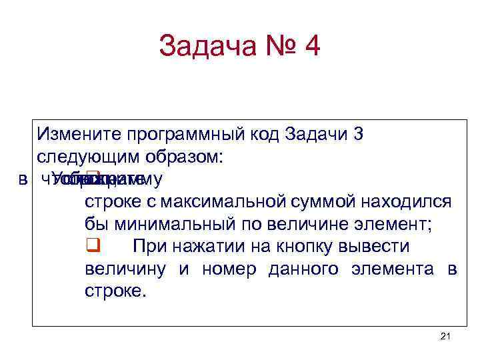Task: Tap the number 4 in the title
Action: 311,47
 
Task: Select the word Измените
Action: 71,134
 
